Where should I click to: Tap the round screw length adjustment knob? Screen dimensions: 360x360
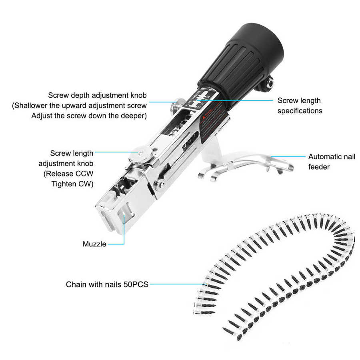(x=141, y=152)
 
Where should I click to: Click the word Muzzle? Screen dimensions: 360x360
(x=94, y=244)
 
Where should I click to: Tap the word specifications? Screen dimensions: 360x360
(x=300, y=111)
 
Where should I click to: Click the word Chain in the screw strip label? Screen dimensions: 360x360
(x=76, y=285)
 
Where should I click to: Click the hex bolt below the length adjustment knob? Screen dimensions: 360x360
(x=160, y=184)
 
